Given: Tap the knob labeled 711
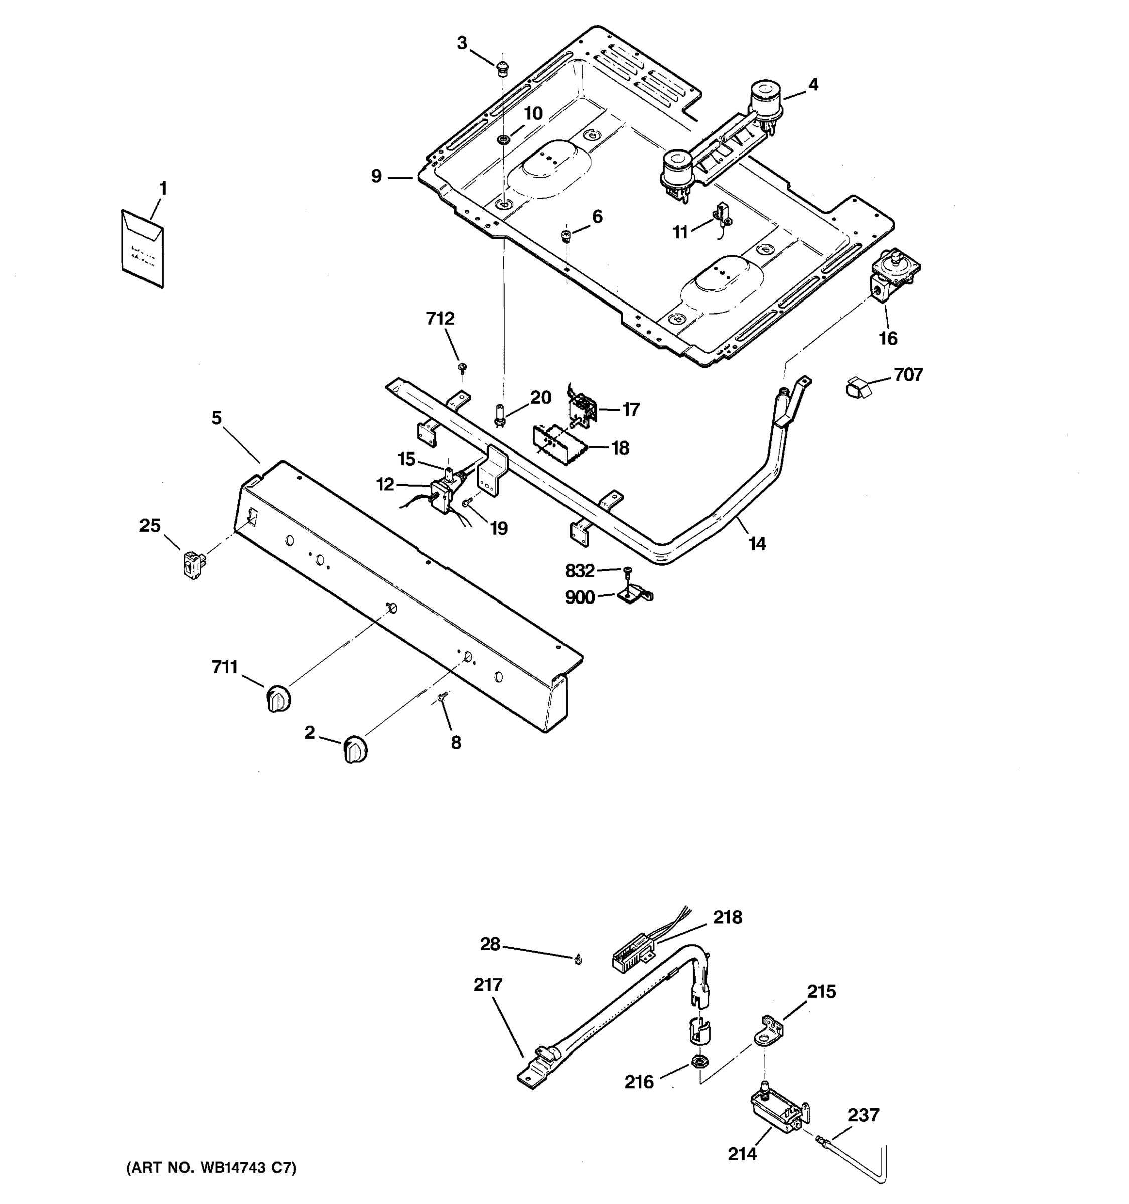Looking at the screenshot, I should (x=278, y=698).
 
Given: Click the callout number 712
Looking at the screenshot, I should (x=440, y=319).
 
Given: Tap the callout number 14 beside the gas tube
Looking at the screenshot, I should (x=757, y=544).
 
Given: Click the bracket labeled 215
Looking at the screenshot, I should (x=768, y=1032).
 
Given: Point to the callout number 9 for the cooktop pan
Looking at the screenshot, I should (x=376, y=177).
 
